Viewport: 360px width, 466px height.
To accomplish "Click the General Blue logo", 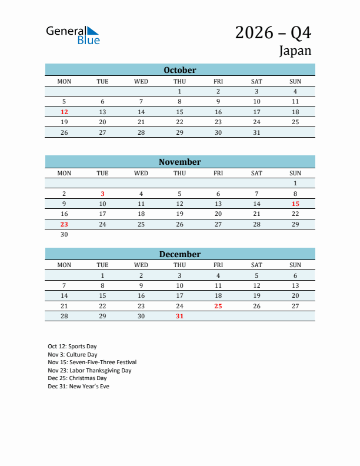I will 73,35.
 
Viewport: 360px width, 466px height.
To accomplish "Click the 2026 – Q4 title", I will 273,33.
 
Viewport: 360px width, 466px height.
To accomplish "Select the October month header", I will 180,70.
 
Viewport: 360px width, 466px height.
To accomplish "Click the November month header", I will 180,162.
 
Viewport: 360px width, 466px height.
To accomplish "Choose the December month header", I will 180,254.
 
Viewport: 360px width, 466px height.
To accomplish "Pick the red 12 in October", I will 64,112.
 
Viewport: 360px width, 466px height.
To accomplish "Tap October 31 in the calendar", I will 256,132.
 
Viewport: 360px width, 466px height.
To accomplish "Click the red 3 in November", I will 102,194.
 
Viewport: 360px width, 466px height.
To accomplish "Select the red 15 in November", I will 295,204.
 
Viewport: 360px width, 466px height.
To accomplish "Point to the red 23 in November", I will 64,224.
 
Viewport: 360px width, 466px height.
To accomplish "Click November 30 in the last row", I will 64,235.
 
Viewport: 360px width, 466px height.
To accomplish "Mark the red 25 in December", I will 218,306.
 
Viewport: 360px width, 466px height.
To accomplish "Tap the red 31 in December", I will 179,317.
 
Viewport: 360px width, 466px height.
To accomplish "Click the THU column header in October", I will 179,81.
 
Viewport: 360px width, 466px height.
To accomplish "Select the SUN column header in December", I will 295,265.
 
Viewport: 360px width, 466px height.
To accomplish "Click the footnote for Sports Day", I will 72,347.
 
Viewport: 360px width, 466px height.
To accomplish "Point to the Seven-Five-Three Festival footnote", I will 92,362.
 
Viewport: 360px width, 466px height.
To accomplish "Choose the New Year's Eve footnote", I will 78,387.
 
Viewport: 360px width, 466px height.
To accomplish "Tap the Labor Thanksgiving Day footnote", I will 89,371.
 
